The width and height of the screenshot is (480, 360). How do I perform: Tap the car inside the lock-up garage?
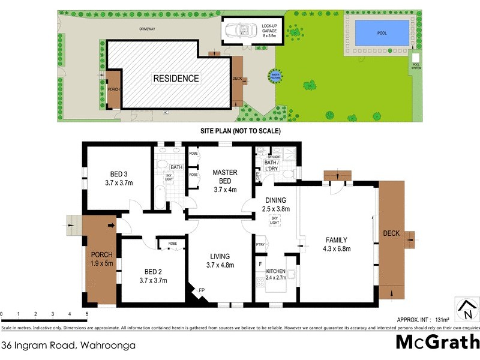(x=241, y=31)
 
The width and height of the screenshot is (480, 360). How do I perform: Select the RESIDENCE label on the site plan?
(x=176, y=79)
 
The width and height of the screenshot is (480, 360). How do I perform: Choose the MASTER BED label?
(x=225, y=177)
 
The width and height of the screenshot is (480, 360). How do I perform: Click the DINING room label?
(x=275, y=200)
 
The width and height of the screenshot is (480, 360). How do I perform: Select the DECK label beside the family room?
(x=391, y=233)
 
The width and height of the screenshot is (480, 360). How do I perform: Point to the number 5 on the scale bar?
(x=87, y=314)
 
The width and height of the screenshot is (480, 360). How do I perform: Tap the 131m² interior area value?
(x=443, y=319)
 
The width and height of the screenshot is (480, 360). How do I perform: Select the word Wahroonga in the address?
(x=106, y=345)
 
